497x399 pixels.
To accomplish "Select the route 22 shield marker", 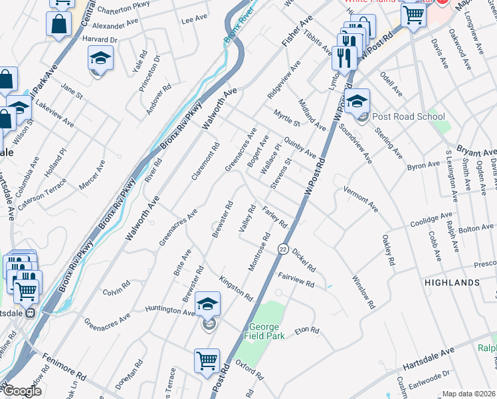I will click(283, 249).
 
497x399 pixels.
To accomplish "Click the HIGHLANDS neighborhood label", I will click(452, 283).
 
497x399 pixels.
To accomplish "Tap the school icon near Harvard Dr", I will click(100, 59).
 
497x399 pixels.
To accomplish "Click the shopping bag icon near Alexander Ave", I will click(58, 25).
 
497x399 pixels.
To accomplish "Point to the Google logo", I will click(22, 391).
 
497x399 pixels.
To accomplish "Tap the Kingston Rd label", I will click(236, 287).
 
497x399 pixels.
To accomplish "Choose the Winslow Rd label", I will click(363, 293).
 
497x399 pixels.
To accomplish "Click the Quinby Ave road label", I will click(300, 148).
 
